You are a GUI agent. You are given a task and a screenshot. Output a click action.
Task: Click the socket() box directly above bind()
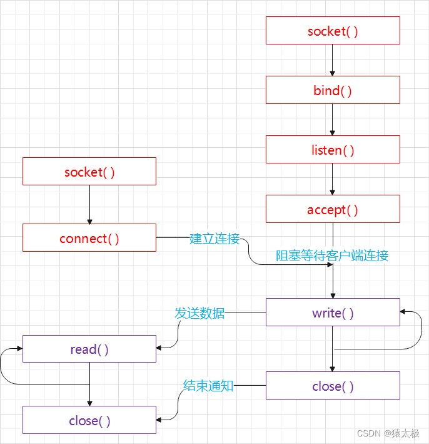coord(333,31)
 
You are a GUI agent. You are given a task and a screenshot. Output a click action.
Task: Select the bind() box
coord(333,90)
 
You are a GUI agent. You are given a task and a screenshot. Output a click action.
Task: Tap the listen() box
coord(333,150)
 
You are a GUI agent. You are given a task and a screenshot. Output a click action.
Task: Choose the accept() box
coord(333,209)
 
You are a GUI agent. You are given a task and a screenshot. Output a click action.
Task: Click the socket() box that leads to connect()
coord(89,172)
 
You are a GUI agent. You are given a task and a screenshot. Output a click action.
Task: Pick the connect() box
coord(89,238)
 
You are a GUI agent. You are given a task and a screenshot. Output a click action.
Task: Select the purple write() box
coord(333,312)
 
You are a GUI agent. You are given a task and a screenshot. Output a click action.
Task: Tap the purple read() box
coord(89,349)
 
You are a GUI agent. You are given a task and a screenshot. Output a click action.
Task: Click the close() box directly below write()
coord(333,386)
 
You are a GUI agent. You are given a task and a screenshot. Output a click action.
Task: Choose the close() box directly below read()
coord(89,420)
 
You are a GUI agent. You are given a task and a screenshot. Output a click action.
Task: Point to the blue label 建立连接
coord(214,239)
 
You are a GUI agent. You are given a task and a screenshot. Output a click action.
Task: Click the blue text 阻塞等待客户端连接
coord(332,256)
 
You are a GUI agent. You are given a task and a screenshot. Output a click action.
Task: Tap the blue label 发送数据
coord(199,313)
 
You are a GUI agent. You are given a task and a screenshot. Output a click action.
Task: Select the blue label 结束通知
coord(208,386)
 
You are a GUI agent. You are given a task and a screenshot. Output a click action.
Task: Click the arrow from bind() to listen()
coord(333,120)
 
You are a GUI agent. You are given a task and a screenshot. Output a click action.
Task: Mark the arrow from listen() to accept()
coord(333,180)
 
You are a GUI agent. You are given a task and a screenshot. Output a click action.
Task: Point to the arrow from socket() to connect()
coord(89,205)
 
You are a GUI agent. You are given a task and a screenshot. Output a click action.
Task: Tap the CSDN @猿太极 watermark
coord(388,433)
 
